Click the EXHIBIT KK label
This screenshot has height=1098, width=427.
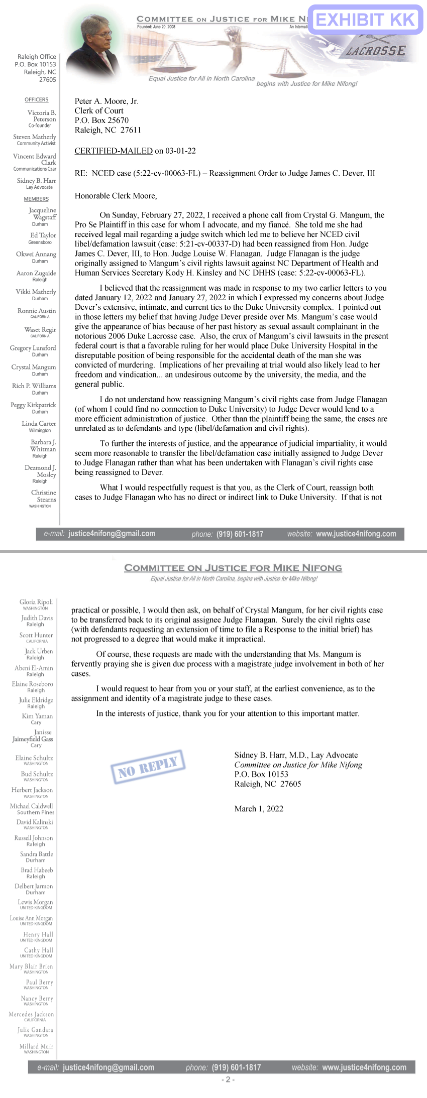[x=365, y=20]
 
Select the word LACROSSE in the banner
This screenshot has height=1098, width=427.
[x=376, y=51]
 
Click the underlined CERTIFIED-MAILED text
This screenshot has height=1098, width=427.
[x=114, y=151]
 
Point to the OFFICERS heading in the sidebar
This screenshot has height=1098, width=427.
[x=37, y=99]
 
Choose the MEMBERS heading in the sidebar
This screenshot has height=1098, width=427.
[x=36, y=199]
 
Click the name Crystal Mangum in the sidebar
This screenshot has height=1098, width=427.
[x=34, y=367]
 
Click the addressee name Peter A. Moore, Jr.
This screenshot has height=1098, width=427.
[x=106, y=101]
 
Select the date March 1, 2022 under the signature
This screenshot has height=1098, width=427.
[x=259, y=808]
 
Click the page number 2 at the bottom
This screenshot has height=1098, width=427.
[x=228, y=1079]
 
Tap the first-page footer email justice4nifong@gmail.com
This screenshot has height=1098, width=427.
[x=112, y=534]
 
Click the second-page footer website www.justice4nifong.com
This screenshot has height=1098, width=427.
[x=364, y=1067]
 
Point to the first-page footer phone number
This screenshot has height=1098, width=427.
[x=240, y=534]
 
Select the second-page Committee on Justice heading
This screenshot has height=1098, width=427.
[x=233, y=568]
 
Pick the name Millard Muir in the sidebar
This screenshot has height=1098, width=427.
[x=36, y=1046]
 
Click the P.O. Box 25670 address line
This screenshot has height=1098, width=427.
[x=101, y=120]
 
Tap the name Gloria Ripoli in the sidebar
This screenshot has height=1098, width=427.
[x=36, y=601]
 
